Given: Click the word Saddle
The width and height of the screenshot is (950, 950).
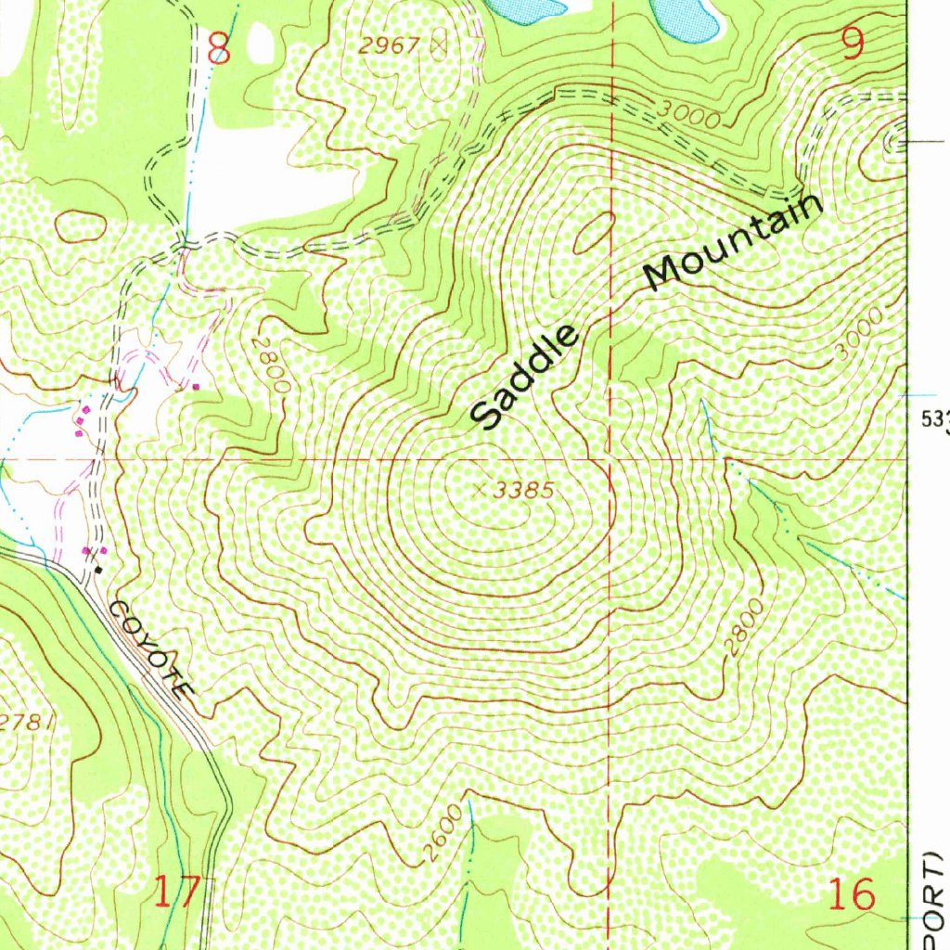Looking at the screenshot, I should coord(525,378).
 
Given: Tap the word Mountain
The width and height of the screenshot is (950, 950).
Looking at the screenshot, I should coord(734,242).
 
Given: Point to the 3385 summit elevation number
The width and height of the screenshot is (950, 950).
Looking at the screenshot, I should coord(524,491).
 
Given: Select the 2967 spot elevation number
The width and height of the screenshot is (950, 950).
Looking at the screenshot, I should coord(390,44).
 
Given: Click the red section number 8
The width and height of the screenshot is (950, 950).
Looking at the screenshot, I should coord(219,48).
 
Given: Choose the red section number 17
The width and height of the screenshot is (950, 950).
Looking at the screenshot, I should coord(176,892).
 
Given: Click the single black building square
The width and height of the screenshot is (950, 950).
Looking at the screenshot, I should coord(98,570).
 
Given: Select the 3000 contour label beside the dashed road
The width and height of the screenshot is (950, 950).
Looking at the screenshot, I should coord(687,113).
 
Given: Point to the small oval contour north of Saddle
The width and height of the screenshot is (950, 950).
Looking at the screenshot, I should coord(593,232).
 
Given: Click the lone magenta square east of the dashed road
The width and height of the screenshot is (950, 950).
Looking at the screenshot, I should coord(196,385).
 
